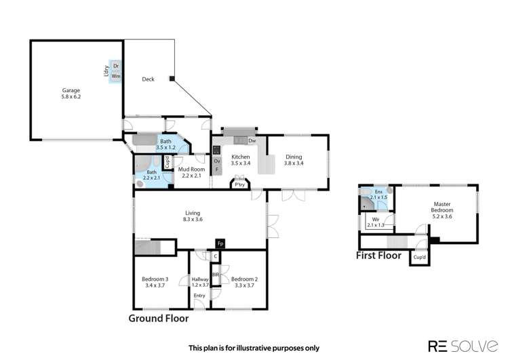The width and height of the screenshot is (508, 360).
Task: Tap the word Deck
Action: [x=148, y=79]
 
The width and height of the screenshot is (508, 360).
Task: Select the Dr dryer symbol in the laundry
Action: [x=116, y=66]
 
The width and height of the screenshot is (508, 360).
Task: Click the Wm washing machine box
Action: [x=116, y=77]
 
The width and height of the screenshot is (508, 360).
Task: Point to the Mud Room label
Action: [x=191, y=169]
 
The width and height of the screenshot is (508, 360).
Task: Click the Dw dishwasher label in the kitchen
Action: [x=252, y=140]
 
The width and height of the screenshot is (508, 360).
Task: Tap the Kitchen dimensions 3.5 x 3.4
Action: [x=241, y=163]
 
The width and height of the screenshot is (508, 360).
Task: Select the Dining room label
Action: [x=293, y=157]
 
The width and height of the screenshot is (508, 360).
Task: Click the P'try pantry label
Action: [x=239, y=184]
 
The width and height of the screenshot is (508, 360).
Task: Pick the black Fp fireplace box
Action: [x=220, y=243]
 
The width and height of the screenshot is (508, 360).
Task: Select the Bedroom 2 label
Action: [x=242, y=279]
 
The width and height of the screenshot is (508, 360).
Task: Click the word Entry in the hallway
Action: [x=199, y=296]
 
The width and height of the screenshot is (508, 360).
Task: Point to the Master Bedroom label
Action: [x=444, y=206]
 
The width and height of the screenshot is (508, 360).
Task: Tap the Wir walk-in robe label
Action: [x=375, y=220]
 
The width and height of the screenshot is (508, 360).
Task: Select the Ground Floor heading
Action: [x=158, y=317]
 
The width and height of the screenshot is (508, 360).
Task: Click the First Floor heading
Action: [x=378, y=256]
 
